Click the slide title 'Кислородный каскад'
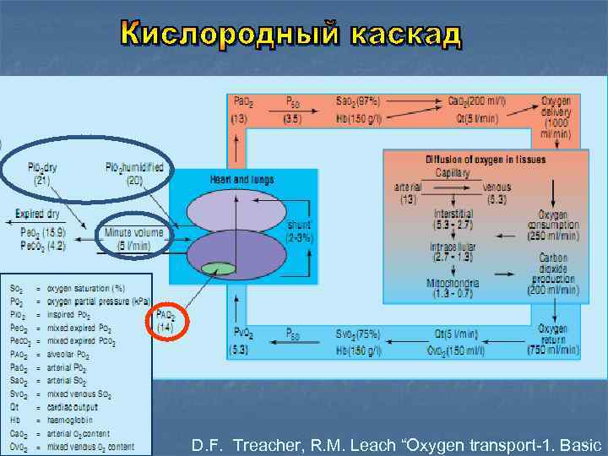pos(291,33)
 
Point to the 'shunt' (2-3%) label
pos(299,231)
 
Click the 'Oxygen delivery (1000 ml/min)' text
pos(556,117)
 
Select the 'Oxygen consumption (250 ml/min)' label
pos(554,224)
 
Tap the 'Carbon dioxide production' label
pos(554,273)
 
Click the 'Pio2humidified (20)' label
pos(133,172)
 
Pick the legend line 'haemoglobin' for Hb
pos(81,419)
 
